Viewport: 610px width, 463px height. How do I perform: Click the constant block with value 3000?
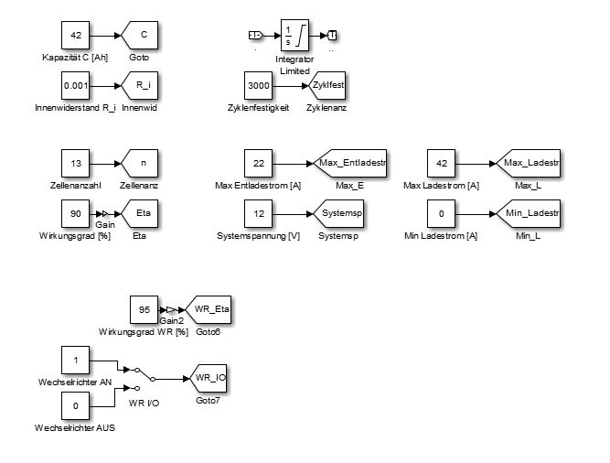click(x=260, y=86)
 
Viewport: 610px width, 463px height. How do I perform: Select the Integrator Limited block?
click(x=294, y=36)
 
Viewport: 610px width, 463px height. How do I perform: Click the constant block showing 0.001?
click(x=76, y=86)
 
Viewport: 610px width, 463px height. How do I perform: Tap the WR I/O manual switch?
click(x=143, y=377)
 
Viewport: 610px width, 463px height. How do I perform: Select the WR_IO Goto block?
click(x=209, y=377)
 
